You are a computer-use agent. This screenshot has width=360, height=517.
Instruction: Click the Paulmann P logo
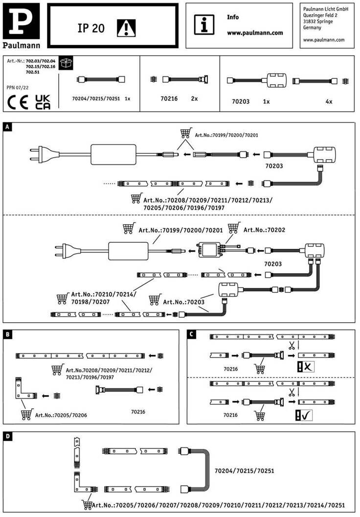pyautogui.click(x=20, y=21)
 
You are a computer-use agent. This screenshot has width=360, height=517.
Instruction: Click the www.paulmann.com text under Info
pyautogui.click(x=255, y=33)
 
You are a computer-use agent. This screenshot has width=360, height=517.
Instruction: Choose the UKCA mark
pyautogui.click(x=43, y=101)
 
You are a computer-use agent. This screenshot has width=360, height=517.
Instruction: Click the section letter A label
pyautogui.click(x=7, y=127)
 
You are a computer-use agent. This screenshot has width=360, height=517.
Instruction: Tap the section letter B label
pyautogui.click(x=7, y=334)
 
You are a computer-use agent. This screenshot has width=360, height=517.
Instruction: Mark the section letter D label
pyautogui.click(x=7, y=436)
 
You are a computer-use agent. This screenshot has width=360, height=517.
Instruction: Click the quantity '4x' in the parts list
pyautogui.click(x=329, y=101)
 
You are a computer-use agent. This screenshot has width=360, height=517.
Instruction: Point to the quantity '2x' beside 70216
pyautogui.click(x=194, y=98)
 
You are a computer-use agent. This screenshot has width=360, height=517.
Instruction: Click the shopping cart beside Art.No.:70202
pyautogui.click(x=234, y=228)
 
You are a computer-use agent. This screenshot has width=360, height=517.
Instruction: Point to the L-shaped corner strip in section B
pyautogui.click(x=23, y=392)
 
